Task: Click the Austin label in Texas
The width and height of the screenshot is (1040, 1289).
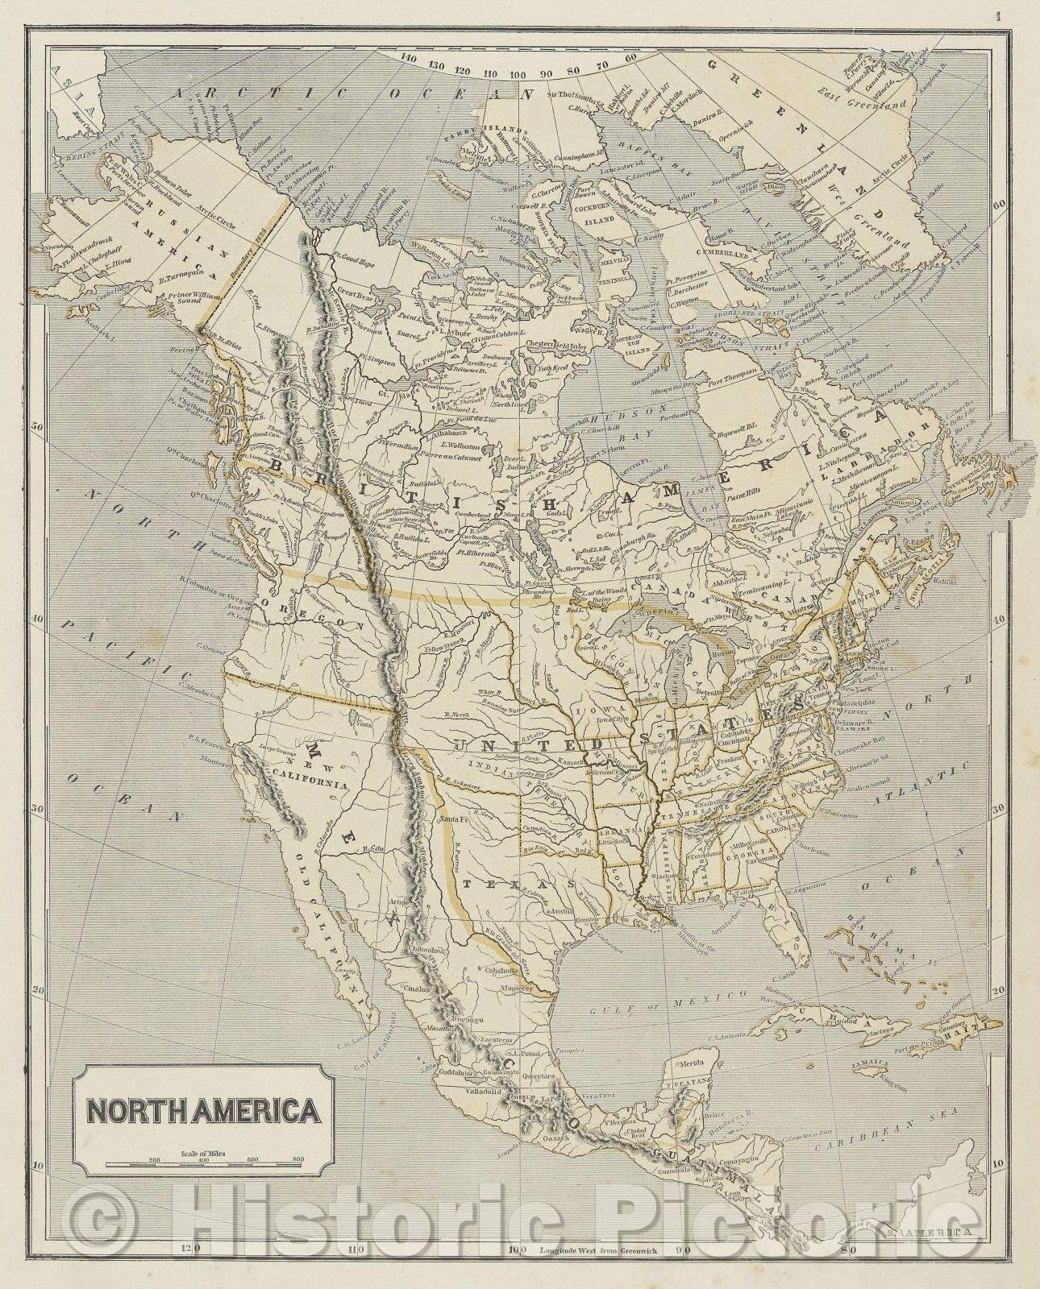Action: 561,910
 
